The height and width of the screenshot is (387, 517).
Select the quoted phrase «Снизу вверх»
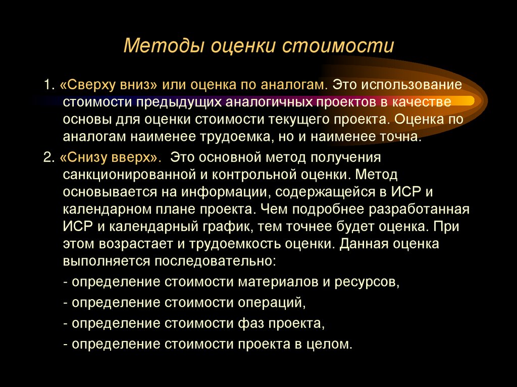(x=110, y=157)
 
